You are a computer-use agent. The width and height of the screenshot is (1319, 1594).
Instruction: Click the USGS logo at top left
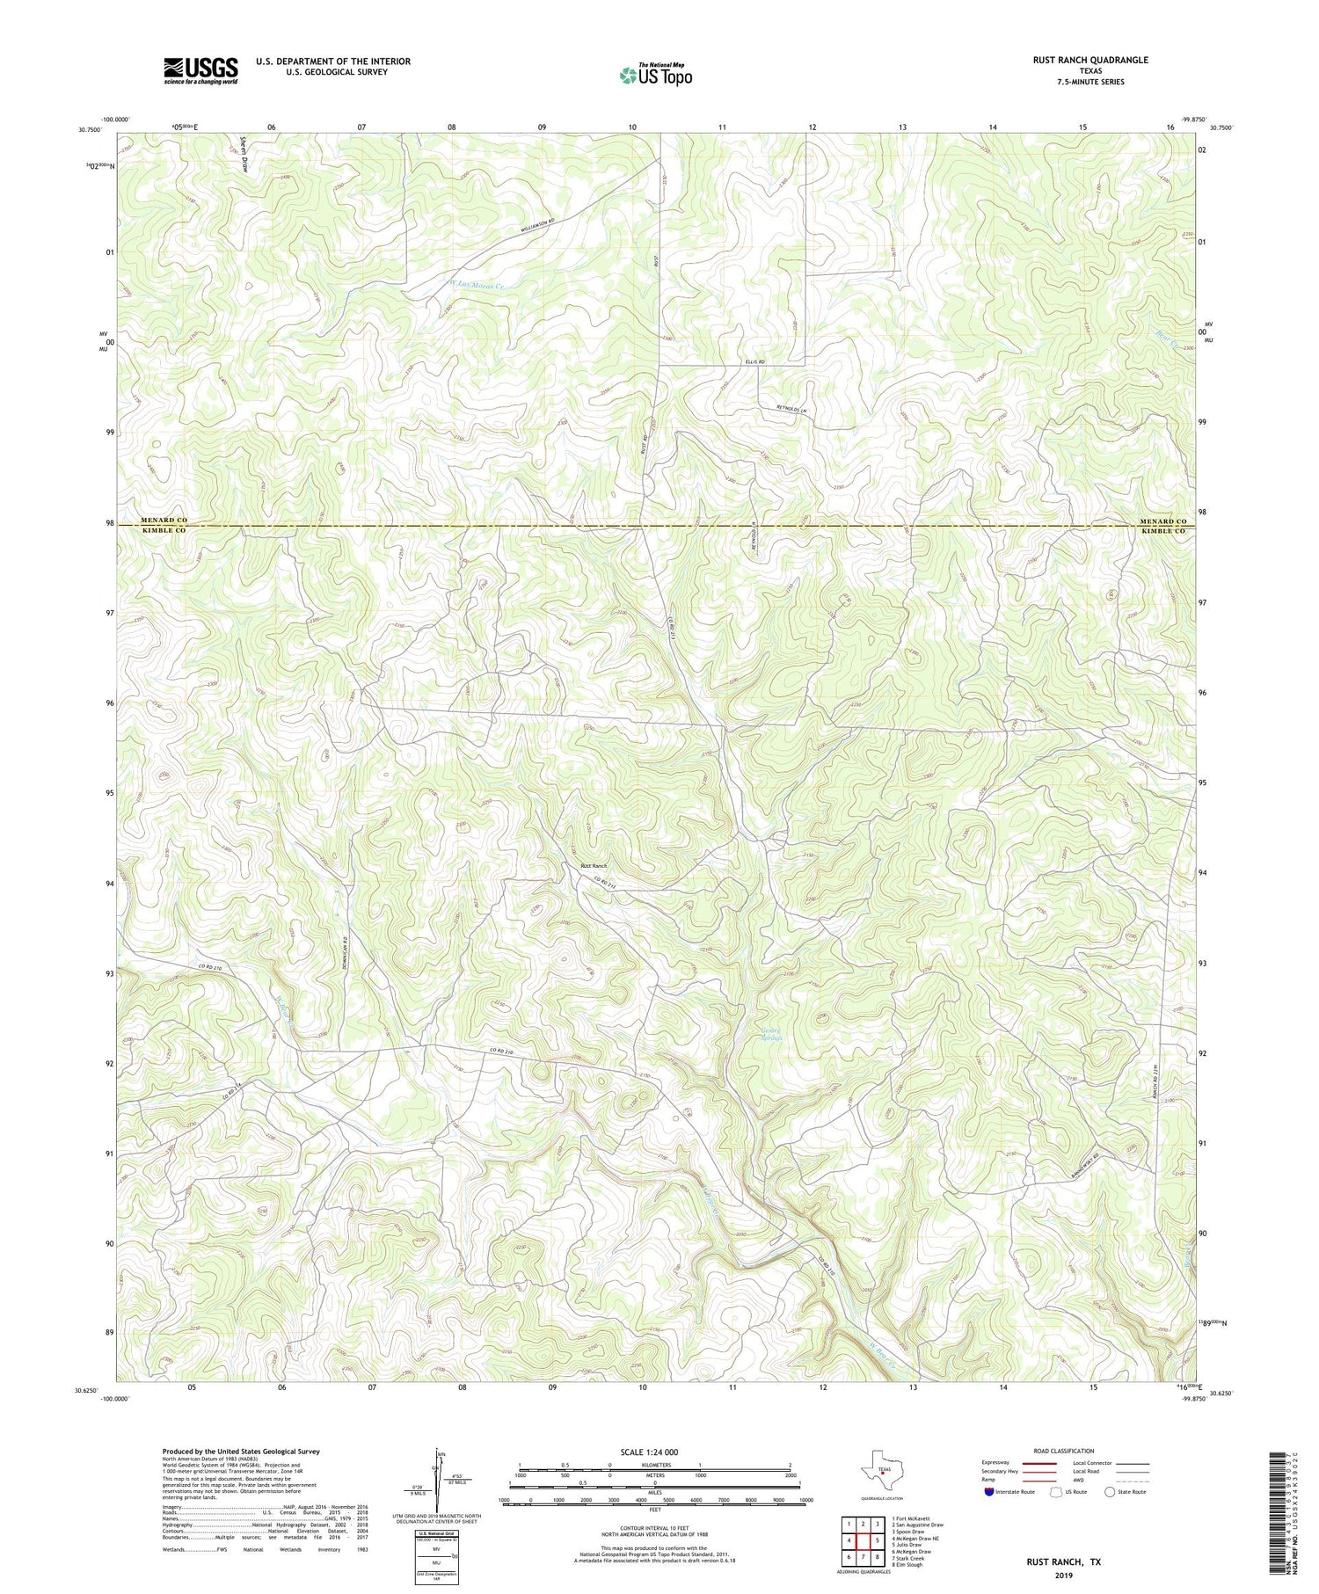click(200, 70)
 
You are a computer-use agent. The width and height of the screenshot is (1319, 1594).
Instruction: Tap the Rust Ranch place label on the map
click(594, 866)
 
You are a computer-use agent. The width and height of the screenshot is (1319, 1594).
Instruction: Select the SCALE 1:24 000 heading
click(655, 1452)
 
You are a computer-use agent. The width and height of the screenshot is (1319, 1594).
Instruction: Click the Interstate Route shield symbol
click(989, 1492)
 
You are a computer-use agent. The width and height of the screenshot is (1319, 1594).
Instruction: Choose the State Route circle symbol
click(1110, 1492)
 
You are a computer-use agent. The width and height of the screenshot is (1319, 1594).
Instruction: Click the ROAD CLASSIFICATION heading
click(1064, 1451)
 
